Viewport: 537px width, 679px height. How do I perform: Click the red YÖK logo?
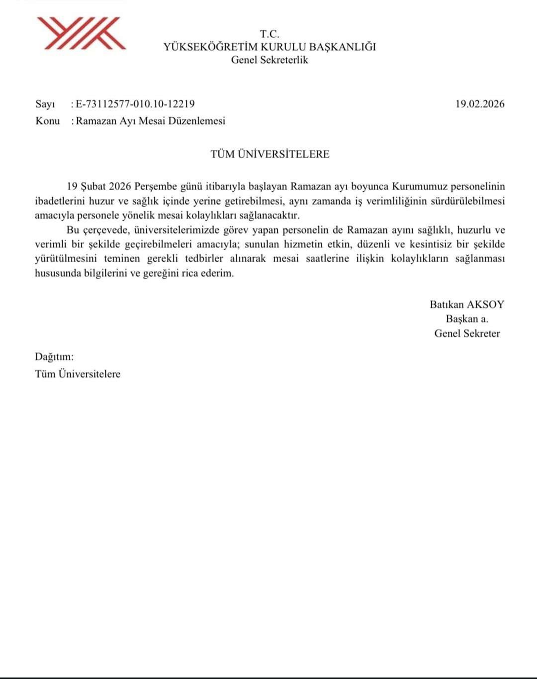(x=81, y=33)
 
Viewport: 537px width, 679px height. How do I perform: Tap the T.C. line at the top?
(x=269, y=34)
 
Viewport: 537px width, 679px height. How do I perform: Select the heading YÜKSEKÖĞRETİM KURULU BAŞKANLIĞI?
(x=269, y=47)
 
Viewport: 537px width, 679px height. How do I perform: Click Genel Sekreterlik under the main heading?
(x=269, y=60)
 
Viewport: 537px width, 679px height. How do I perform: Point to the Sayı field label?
(x=45, y=104)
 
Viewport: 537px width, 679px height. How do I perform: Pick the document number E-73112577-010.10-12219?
(x=135, y=104)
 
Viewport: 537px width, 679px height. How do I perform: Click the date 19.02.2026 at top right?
(x=480, y=104)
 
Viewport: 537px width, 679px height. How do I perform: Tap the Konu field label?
(x=47, y=121)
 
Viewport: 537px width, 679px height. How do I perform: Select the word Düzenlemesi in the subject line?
(x=201, y=121)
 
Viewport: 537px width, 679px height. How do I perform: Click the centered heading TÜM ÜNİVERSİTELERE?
(x=270, y=154)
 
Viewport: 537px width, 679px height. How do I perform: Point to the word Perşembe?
(x=152, y=187)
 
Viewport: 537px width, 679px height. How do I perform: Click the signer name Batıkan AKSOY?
(x=467, y=305)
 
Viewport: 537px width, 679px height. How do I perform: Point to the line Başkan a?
(x=467, y=319)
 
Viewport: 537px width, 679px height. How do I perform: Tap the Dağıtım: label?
(x=54, y=357)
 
